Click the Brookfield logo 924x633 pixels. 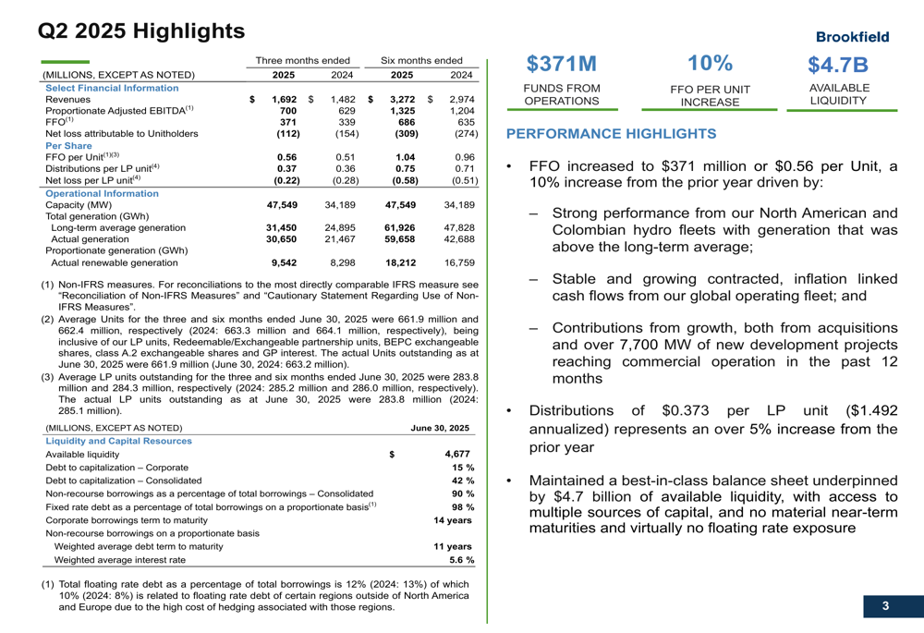point(852,37)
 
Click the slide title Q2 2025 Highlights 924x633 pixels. point(141,31)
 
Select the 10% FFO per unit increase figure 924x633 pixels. point(710,63)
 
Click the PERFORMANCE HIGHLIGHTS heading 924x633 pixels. point(611,134)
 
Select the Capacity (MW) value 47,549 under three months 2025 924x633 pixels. point(281,205)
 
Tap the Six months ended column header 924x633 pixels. point(421,60)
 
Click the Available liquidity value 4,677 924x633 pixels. point(456,454)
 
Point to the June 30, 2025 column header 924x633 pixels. point(440,428)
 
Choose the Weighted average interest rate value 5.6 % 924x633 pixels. point(461,560)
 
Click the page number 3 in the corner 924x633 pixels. point(885,606)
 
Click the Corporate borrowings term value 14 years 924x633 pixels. point(454,520)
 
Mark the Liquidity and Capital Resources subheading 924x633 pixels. point(118,441)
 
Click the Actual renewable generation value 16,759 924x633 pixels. point(458,262)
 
